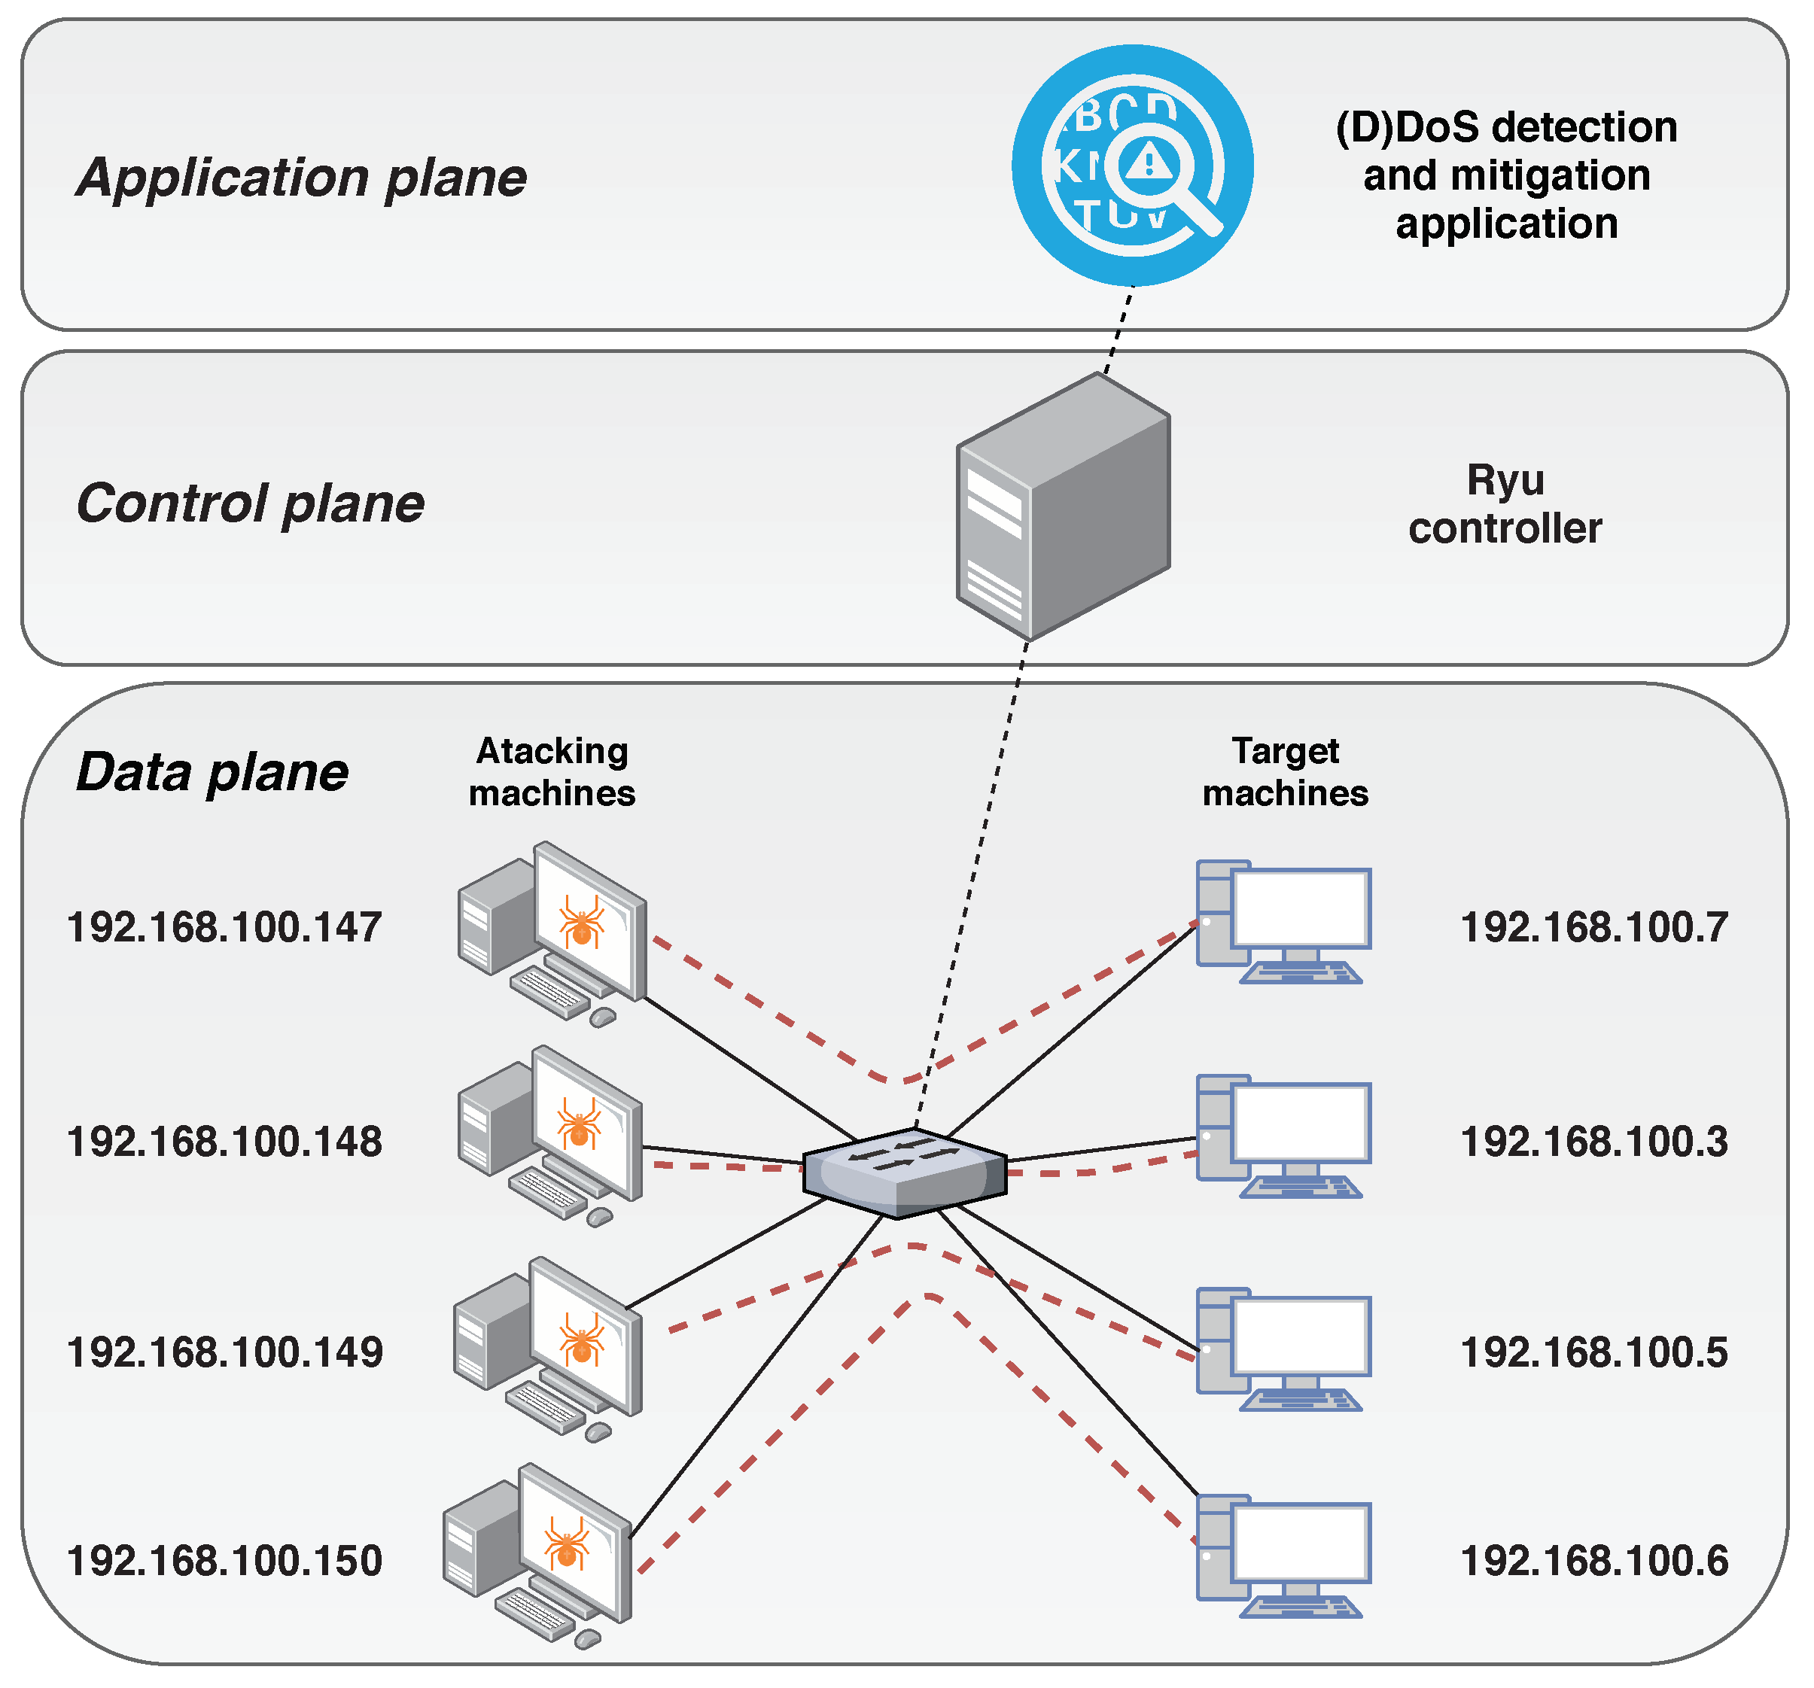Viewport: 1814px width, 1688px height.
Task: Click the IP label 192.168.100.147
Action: click(224, 928)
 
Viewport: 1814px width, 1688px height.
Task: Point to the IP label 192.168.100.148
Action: click(224, 1142)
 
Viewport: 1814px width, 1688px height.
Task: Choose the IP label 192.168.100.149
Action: click(224, 1353)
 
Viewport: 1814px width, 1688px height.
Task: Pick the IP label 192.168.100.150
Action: click(224, 1561)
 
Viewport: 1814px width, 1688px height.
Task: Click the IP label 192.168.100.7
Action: click(1594, 928)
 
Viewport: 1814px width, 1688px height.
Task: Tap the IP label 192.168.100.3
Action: click(1594, 1142)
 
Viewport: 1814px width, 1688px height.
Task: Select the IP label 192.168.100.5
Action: click(1594, 1353)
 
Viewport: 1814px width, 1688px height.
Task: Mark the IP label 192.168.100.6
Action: click(1594, 1561)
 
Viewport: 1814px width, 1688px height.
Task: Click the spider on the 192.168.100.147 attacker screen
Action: click(581, 922)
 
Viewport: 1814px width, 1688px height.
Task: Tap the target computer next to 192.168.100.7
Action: click(1284, 922)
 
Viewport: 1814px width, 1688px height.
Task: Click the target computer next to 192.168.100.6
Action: click(1284, 1556)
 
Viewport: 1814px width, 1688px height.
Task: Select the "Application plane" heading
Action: click(302, 177)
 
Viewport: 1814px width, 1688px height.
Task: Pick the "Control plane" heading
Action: click(250, 503)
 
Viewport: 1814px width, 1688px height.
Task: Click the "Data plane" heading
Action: click(212, 773)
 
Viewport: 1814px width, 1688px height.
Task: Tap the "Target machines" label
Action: click(1285, 772)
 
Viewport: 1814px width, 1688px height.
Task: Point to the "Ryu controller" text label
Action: click(1505, 504)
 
